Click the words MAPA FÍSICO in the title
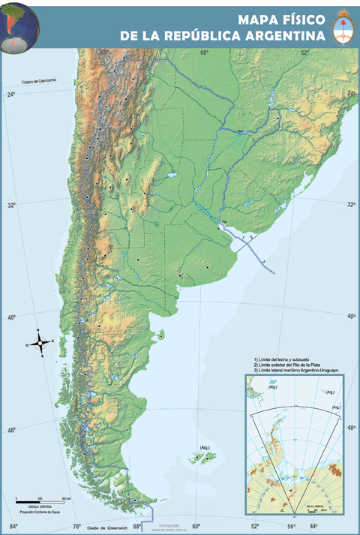click(283, 20)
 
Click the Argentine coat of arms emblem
click(344, 27)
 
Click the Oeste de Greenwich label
click(104, 528)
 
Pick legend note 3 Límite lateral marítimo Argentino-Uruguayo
click(297, 371)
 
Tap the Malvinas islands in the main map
click(201, 457)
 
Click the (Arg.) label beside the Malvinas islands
click(203, 448)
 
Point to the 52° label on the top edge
click(305, 53)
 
